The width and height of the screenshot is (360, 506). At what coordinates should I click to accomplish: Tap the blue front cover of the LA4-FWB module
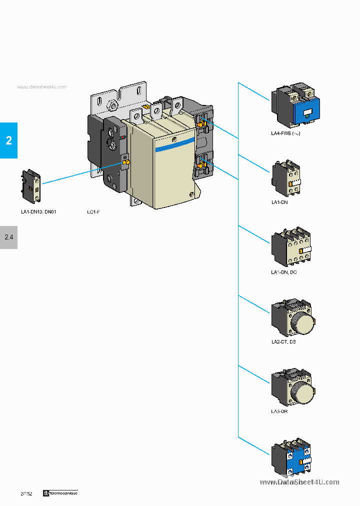(307, 113)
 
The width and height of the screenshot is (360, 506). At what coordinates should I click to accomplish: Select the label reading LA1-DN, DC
(283, 272)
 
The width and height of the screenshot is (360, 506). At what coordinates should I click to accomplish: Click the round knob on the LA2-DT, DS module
(302, 322)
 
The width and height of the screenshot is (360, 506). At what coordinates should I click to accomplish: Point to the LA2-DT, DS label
(283, 341)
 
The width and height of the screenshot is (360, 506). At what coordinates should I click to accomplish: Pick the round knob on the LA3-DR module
(302, 392)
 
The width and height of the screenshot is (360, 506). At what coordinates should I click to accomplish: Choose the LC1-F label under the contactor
(93, 212)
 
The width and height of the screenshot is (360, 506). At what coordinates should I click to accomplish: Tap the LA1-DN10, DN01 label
(38, 212)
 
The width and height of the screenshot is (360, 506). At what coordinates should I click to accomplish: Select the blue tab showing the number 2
(8, 140)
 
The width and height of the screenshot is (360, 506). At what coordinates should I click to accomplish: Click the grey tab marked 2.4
(8, 237)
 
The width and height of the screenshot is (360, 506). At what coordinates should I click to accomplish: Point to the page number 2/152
(26, 493)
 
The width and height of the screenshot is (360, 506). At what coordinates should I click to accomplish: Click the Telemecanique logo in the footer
(60, 493)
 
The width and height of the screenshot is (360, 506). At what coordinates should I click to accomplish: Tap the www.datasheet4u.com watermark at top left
(42, 87)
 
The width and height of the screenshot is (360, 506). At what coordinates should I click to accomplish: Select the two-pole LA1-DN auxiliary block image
(286, 179)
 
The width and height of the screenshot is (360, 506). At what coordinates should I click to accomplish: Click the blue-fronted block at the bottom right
(291, 457)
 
